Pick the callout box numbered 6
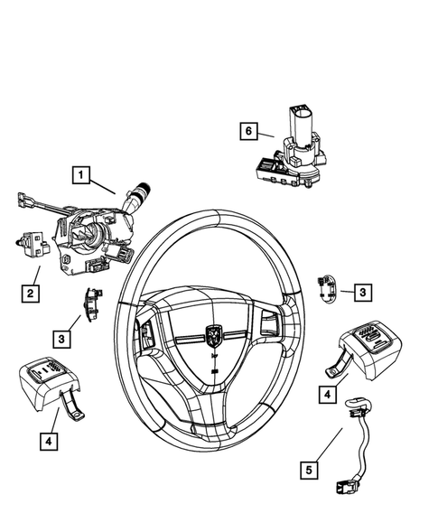(248, 131)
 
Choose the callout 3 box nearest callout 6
(361, 292)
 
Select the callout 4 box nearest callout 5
(326, 394)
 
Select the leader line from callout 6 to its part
(266, 135)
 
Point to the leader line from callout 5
(332, 449)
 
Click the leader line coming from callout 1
(104, 184)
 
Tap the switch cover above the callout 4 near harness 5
(368, 345)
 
